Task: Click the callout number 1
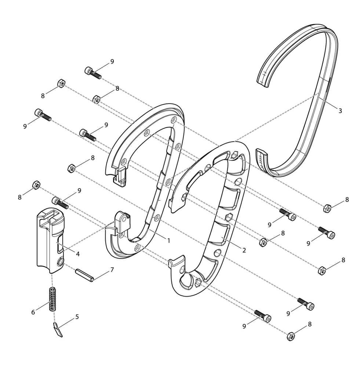click(168, 240)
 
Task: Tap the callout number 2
click(244, 250)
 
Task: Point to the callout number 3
click(340, 111)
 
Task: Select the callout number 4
click(78, 254)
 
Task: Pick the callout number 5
click(77, 317)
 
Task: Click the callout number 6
click(33, 312)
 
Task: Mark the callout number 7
click(112, 270)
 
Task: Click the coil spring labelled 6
click(53, 299)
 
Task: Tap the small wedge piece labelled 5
click(58, 330)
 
